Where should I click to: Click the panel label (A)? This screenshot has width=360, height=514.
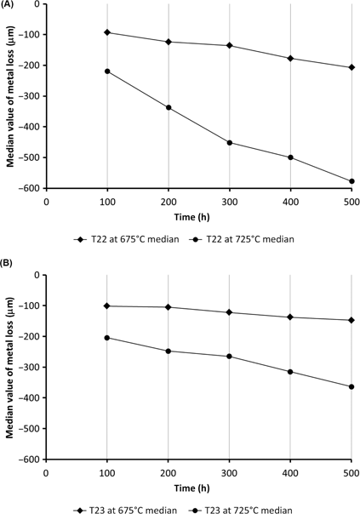(10, 7)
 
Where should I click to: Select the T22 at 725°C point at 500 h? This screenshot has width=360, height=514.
(351, 181)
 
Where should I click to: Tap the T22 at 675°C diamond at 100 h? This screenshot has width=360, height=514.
(107, 32)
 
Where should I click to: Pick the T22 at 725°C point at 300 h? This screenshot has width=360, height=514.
(230, 143)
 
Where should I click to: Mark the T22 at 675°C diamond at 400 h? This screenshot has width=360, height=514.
(291, 58)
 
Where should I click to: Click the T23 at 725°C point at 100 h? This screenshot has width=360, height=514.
(107, 338)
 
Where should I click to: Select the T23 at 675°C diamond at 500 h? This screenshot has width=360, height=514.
(351, 320)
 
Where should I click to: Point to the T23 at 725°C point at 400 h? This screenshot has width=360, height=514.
(291, 372)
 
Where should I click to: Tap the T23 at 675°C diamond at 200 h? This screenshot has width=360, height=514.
(169, 307)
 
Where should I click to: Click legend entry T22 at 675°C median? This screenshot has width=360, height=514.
(129, 239)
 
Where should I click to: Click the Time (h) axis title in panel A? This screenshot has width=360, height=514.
(198, 216)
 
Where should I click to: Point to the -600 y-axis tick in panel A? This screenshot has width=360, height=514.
(31, 188)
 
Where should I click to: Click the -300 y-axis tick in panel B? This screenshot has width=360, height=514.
(31, 367)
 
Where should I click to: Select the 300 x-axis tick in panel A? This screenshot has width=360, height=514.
(230, 201)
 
